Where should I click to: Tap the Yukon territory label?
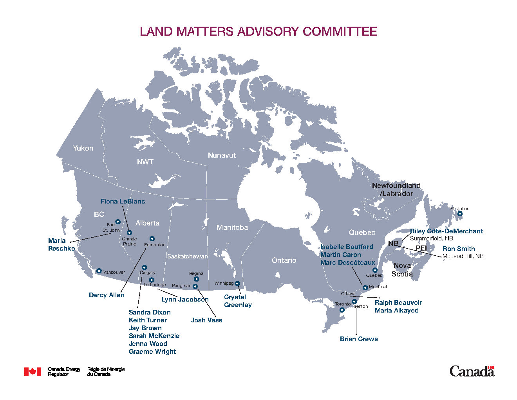tap(83, 148)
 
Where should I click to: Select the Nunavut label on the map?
tap(222, 155)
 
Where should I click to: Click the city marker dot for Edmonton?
tap(152, 239)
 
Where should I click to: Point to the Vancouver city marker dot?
tap(99, 271)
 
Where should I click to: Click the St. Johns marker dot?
tap(460, 214)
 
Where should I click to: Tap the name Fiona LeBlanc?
tap(123, 202)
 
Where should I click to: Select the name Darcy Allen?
tap(107, 295)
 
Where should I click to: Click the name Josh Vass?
tap(206, 320)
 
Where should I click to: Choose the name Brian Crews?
tap(359, 339)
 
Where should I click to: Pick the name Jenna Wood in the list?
tap(148, 344)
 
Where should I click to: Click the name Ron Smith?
tap(459, 249)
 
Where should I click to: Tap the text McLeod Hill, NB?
tap(463, 256)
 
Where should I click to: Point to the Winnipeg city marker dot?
tap(237, 284)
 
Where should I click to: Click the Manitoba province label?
tap(232, 227)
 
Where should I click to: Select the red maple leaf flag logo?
tap(33, 372)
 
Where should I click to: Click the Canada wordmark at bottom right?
tap(472, 371)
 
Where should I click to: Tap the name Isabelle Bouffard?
tap(347, 247)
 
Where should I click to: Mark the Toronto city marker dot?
tap(342, 310)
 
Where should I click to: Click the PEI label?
tap(421, 249)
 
